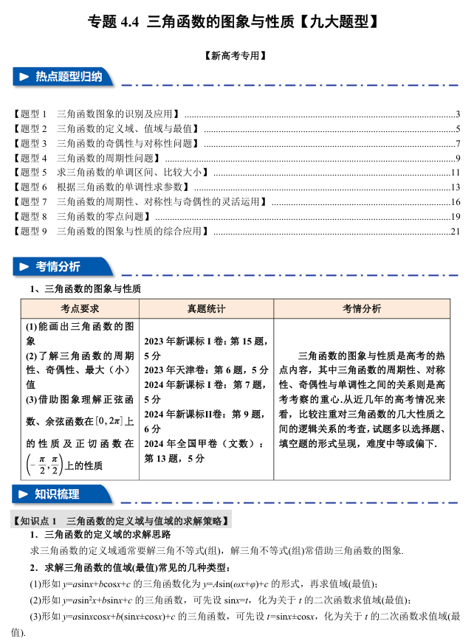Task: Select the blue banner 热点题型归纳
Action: click(66, 77)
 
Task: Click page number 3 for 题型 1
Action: click(458, 114)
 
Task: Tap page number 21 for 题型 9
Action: click(455, 232)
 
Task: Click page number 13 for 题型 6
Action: click(455, 187)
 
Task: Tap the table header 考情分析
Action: click(361, 308)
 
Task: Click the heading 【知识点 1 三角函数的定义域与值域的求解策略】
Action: click(122, 521)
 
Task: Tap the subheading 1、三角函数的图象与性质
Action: click(85, 288)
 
